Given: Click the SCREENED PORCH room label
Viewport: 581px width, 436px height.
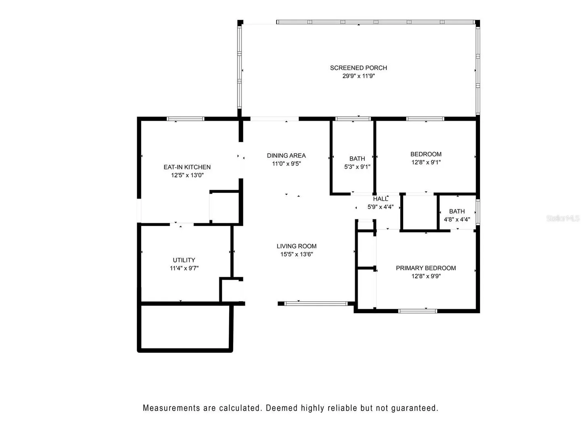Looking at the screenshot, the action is [358, 68].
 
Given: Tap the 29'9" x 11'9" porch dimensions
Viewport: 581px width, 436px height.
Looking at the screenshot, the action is [358, 76].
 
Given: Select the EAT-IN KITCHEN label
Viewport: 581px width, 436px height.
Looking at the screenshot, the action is [187, 167].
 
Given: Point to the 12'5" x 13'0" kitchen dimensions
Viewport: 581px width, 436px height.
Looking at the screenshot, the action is [187, 175].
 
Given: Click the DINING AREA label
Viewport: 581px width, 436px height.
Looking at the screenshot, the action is [286, 156].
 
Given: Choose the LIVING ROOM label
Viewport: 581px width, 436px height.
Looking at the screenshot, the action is [297, 246].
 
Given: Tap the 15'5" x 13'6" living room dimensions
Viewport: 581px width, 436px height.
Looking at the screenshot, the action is [297, 254].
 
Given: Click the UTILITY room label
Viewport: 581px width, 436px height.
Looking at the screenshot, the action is [184, 260].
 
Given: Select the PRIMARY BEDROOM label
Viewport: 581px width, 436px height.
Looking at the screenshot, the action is [426, 268].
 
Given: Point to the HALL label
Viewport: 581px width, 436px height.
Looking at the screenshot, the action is [380, 199].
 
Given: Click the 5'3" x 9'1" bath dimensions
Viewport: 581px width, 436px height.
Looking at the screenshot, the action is [357, 167].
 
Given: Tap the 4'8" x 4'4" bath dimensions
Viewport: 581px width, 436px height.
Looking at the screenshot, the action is [457, 219].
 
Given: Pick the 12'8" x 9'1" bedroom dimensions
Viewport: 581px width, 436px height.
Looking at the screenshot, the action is [426, 162].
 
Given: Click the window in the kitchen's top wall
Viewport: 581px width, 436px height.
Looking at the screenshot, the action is [185, 119].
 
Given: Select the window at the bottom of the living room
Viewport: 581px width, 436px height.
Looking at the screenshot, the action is [316, 304].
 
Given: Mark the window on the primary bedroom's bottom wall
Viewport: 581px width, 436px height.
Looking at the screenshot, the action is [418, 311].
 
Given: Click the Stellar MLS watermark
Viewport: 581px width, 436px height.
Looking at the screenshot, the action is [563, 218].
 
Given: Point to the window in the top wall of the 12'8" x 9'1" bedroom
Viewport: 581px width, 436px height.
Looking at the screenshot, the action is [425, 119].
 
